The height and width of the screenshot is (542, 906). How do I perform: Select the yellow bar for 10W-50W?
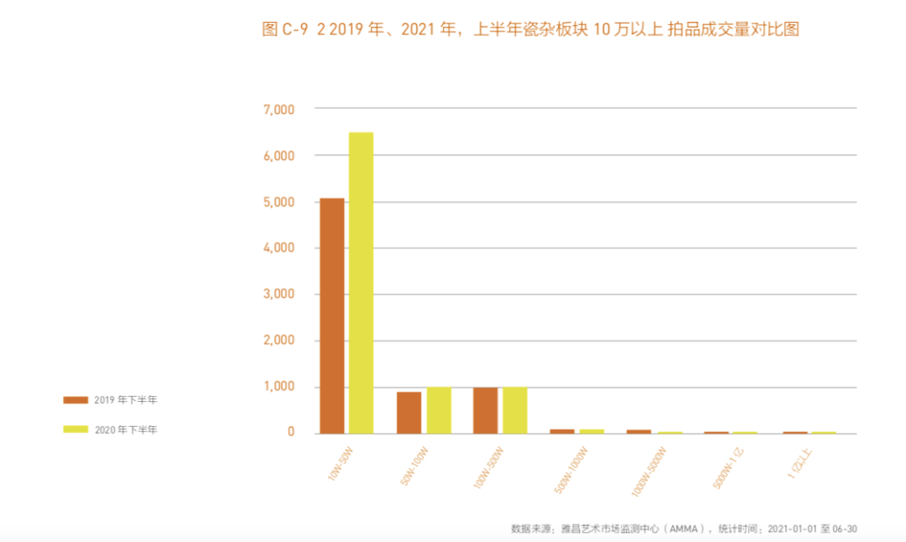361,283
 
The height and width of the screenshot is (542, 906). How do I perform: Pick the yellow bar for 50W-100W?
439,410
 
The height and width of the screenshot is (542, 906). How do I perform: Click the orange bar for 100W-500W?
485,410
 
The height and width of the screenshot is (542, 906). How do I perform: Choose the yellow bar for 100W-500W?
515,410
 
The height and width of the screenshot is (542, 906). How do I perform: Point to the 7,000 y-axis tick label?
279,109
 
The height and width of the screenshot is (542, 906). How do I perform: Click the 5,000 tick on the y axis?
279,202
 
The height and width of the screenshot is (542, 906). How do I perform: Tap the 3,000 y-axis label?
279,294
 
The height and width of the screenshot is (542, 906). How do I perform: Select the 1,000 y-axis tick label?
279,387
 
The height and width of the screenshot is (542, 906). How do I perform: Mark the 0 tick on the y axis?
291,432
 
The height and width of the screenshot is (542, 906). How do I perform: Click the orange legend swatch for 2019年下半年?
75,400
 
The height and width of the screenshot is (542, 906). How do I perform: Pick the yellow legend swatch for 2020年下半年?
75,430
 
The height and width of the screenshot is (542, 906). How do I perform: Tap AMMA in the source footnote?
688,529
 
